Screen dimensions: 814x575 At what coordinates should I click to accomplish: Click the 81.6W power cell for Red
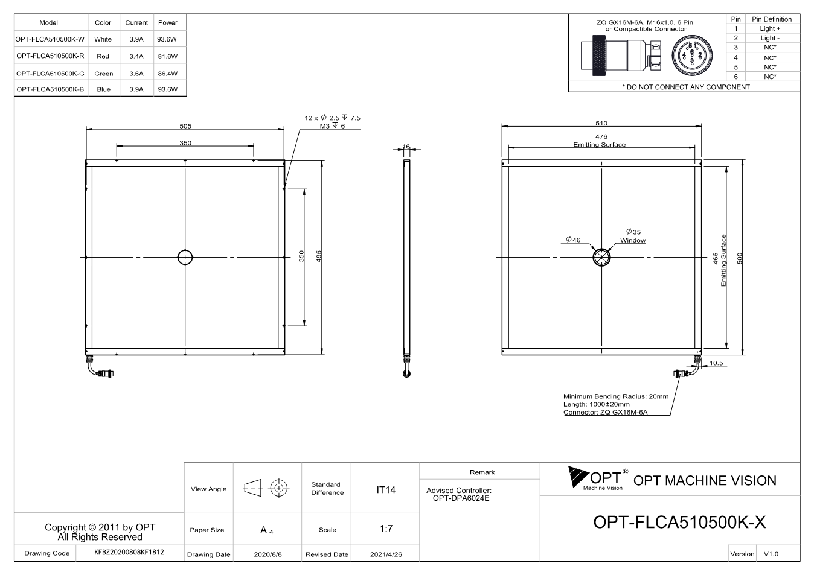pyautogui.click(x=167, y=56)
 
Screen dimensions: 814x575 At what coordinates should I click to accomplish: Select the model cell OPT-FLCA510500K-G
pyautogui.click(x=50, y=74)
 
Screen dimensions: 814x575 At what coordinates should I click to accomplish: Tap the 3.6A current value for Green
pyautogui.click(x=136, y=74)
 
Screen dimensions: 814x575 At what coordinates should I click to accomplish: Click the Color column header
pyautogui.click(x=103, y=22)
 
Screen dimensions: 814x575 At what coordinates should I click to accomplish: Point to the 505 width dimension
pyautogui.click(x=185, y=126)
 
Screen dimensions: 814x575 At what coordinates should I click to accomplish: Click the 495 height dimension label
pyautogui.click(x=319, y=256)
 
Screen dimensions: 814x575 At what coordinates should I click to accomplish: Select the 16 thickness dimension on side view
pyautogui.click(x=406, y=147)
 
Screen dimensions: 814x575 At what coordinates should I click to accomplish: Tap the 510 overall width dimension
pyautogui.click(x=601, y=124)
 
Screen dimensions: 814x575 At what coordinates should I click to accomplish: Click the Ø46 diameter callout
pyautogui.click(x=573, y=240)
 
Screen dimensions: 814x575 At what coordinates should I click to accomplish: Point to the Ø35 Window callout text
pyautogui.click(x=633, y=236)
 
